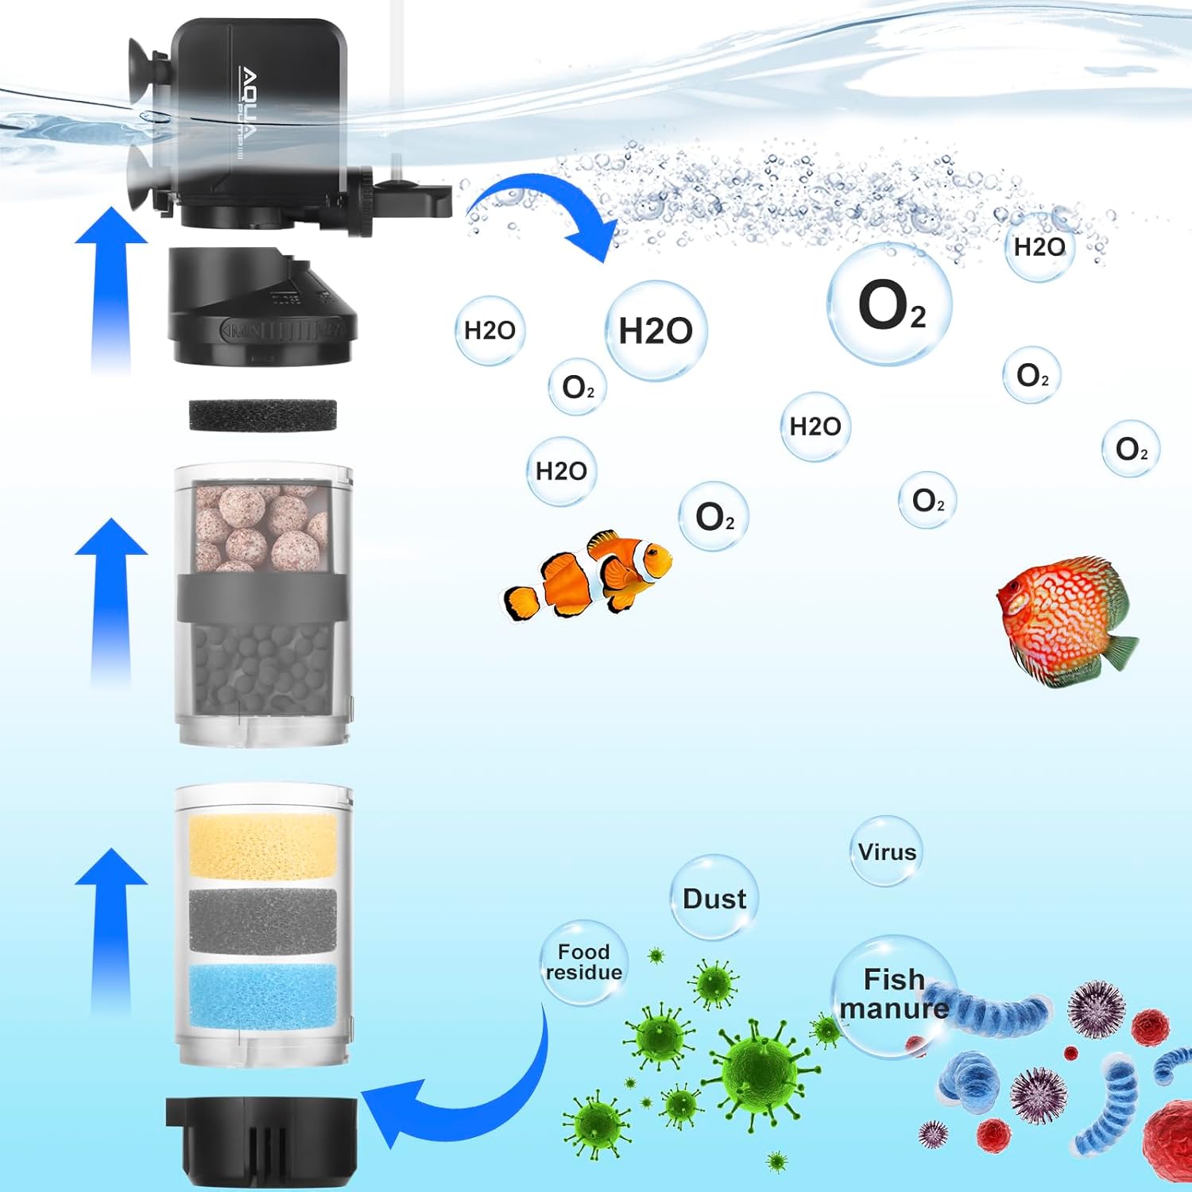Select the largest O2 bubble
pos(890,304)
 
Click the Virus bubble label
pos(887,852)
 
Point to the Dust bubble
pos(714,898)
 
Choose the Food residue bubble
pos(584,962)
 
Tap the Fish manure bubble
pos(894,993)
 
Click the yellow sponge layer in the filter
pos(262,844)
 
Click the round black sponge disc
pos(262,415)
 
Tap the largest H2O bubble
pos(656,331)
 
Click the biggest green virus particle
pos(759,1069)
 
